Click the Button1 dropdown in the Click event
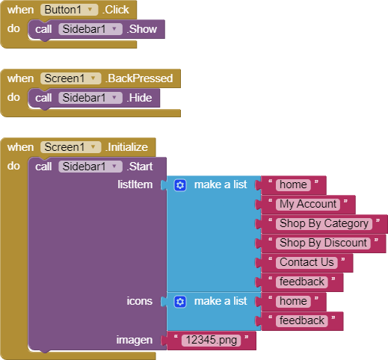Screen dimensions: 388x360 tap(69, 10)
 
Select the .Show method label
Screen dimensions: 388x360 tap(142, 29)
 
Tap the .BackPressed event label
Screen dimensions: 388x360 tap(139, 78)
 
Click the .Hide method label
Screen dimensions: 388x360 tap(139, 98)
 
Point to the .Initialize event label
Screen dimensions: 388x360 tap(126, 147)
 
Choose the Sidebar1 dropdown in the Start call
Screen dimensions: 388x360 tap(90, 167)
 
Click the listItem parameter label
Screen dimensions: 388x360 tap(135, 184)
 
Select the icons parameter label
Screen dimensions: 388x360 tap(139, 301)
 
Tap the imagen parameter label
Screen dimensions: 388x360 tap(135, 340)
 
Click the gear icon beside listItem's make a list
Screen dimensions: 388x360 tap(180, 185)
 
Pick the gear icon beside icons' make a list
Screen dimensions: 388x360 tap(180, 302)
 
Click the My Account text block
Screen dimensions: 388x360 tap(308, 205)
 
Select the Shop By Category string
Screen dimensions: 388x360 tap(324, 224)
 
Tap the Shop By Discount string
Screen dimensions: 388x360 tap(323, 243)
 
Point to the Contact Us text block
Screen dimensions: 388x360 tap(307, 263)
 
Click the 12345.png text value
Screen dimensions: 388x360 tap(212, 341)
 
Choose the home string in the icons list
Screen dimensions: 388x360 tap(293, 302)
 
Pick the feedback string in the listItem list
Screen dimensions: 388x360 tap(302, 282)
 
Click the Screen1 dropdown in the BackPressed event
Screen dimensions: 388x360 tap(70, 78)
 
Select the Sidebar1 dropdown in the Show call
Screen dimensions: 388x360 tap(90, 29)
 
